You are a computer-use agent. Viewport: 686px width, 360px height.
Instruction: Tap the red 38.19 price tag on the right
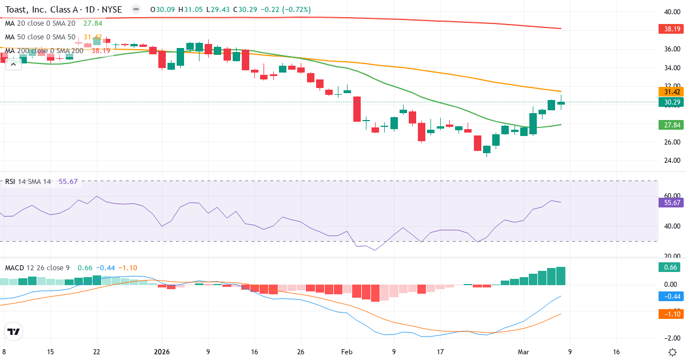pos(672,29)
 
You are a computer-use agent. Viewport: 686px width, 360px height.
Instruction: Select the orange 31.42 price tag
pos(672,92)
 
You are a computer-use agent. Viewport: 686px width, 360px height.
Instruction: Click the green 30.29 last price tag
pos(672,102)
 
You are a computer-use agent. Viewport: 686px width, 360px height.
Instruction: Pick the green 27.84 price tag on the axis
pos(672,125)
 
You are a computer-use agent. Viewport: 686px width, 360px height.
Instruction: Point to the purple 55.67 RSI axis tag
pos(672,202)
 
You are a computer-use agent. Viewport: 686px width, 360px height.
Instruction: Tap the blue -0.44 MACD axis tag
pos(672,297)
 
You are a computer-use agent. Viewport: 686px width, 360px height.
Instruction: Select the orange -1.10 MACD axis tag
pos(672,314)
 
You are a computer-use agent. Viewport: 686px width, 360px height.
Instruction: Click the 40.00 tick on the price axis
pos(672,12)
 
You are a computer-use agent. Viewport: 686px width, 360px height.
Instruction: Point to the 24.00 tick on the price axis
pos(672,161)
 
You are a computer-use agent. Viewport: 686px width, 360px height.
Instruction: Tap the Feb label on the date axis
pos(347,352)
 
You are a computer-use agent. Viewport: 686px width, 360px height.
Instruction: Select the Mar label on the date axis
pos(524,352)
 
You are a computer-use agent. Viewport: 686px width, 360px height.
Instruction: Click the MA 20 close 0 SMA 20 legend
pos(40,23)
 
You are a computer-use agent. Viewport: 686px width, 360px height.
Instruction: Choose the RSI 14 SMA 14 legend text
pos(28,182)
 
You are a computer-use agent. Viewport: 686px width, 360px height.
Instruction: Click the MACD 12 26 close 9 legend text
pos(37,268)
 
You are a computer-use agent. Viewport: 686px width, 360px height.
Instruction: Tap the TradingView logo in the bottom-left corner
pos(14,331)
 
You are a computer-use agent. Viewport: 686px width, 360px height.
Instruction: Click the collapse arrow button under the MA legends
pos(13,64)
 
